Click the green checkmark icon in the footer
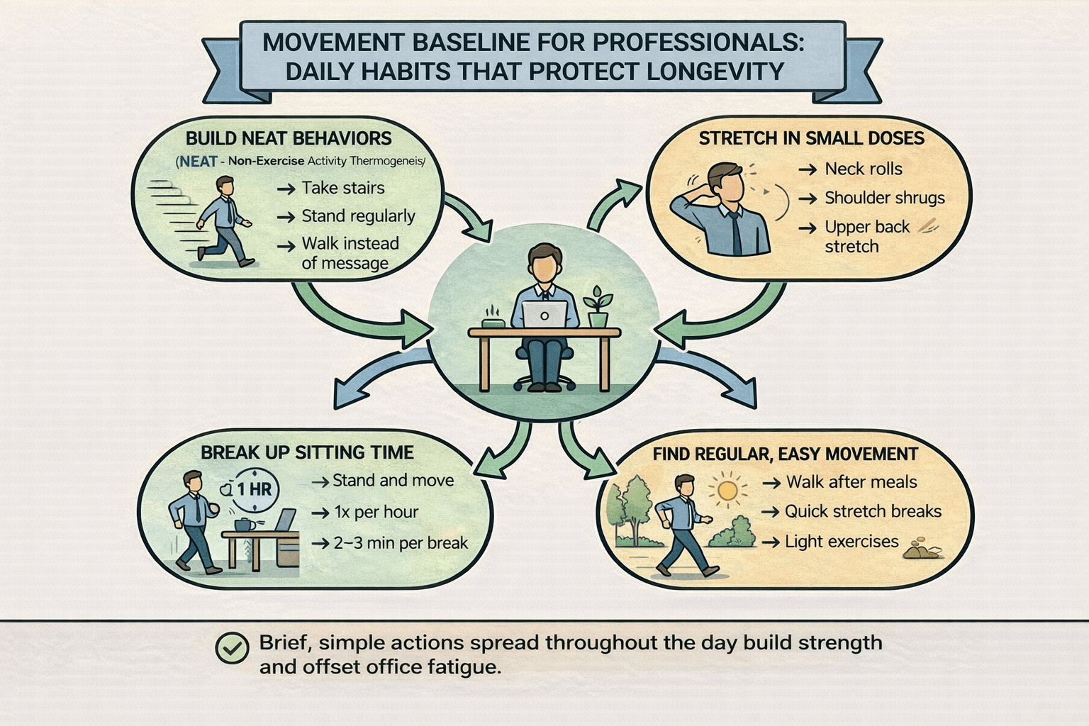point(232,647)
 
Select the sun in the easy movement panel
point(727,490)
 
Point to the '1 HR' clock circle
point(254,489)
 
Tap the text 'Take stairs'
point(343,188)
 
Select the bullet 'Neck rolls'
point(864,169)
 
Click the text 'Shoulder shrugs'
point(884,198)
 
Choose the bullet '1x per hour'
point(376,512)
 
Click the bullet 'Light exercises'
point(842,542)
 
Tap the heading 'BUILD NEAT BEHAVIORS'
point(289,138)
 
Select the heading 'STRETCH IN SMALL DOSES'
point(812,138)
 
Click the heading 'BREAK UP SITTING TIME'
point(307,452)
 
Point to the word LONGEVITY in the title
point(715,72)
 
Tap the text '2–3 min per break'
point(401,543)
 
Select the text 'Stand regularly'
point(358,216)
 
